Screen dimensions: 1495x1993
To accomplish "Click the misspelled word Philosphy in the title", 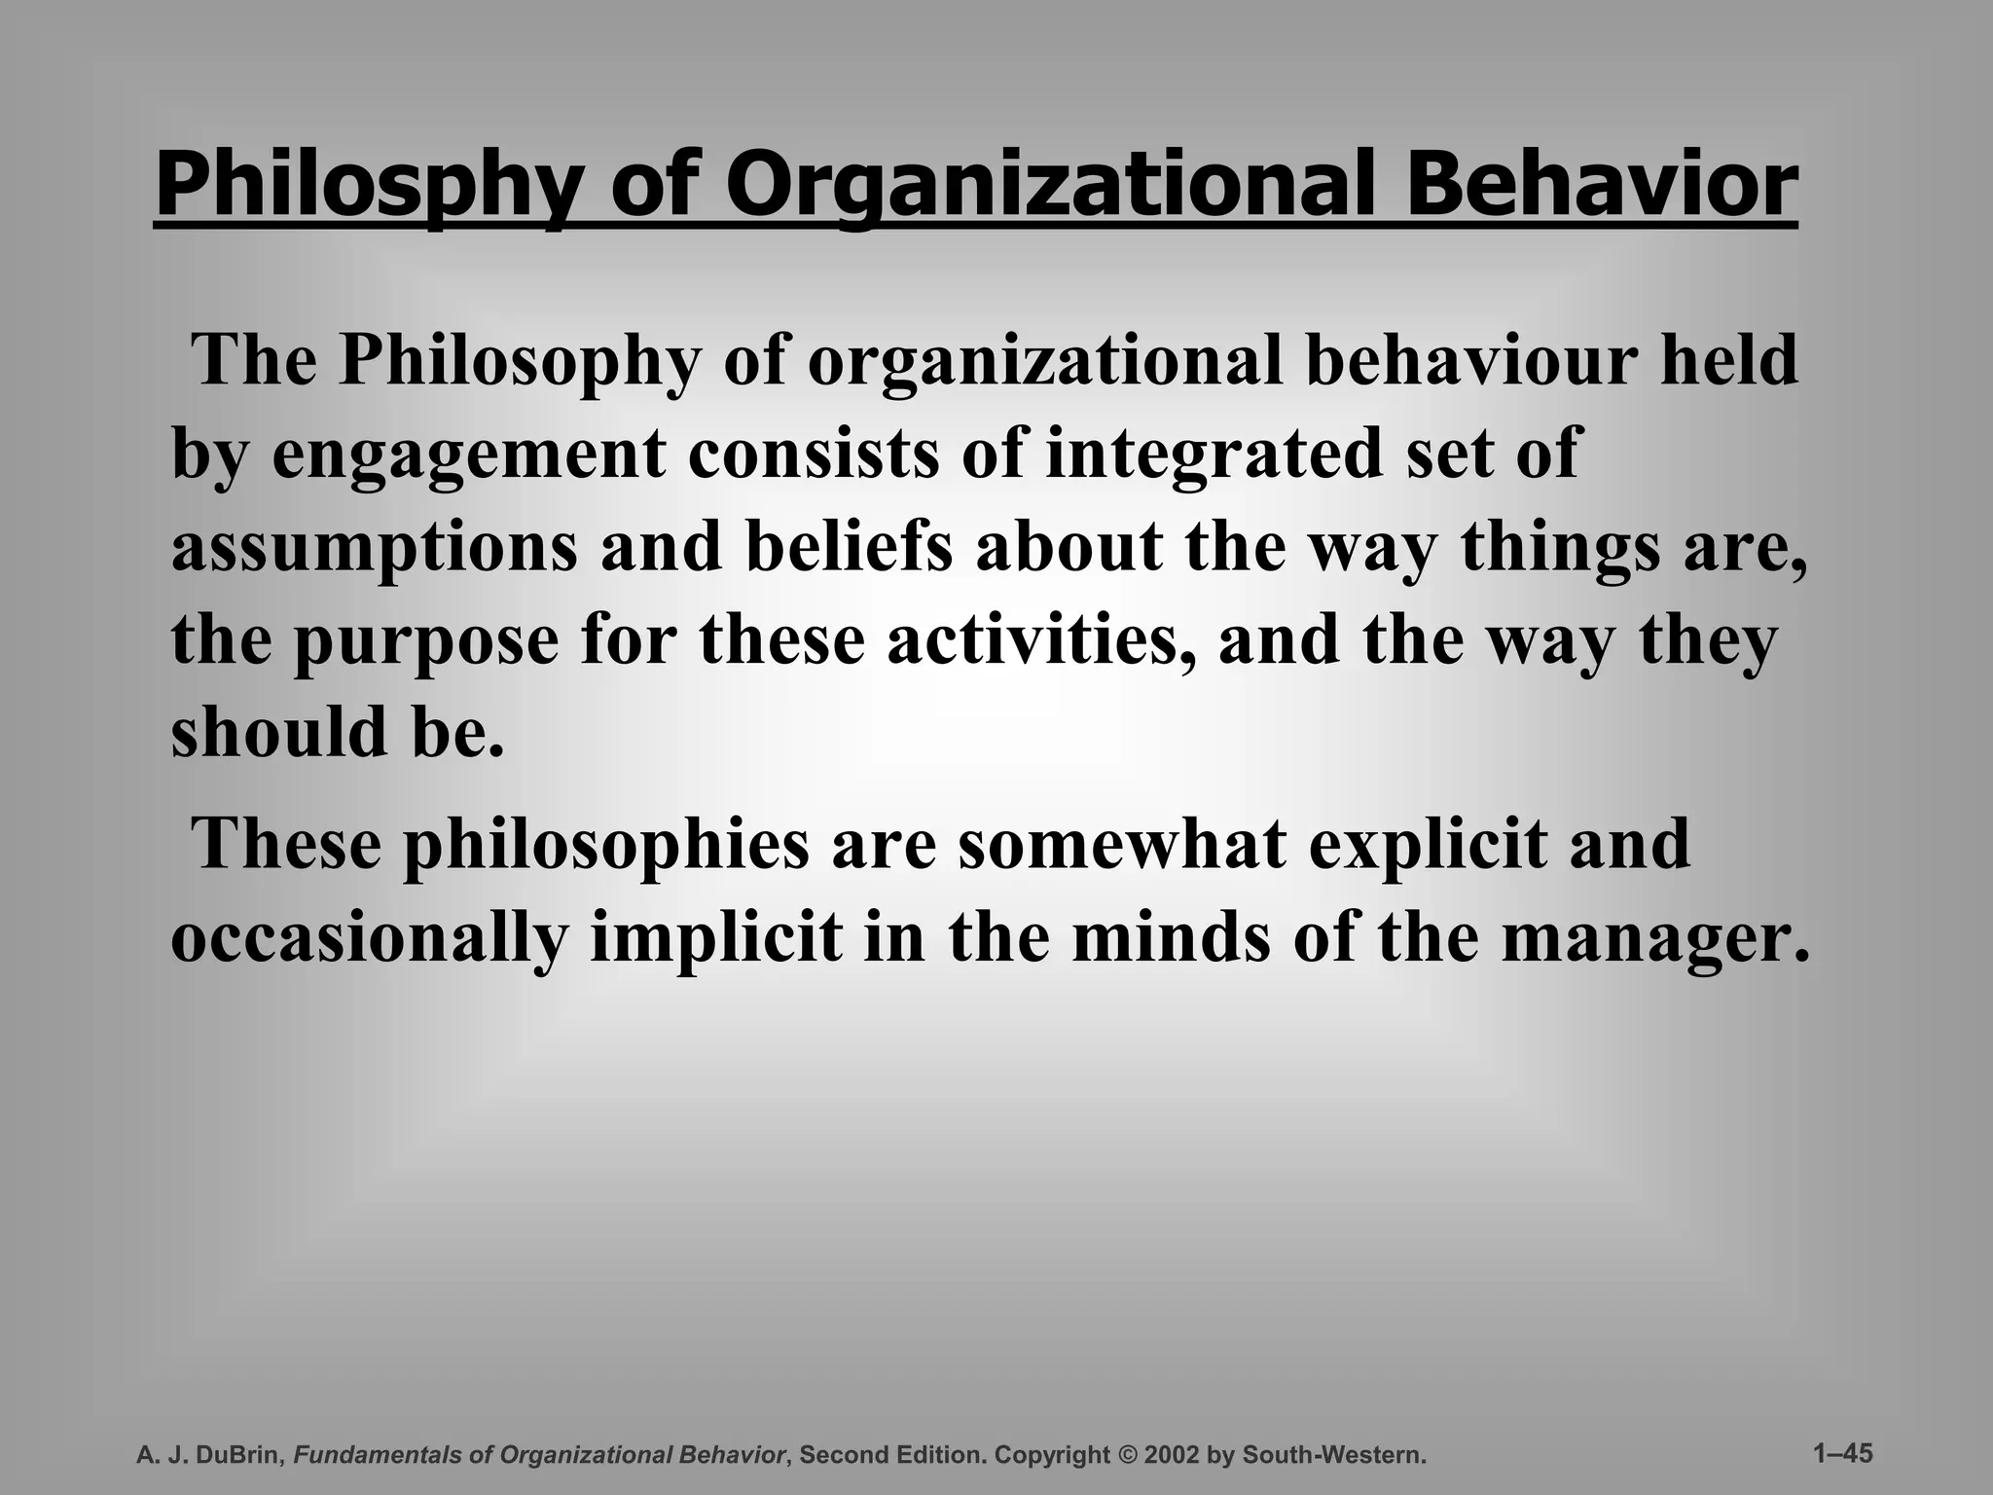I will point(370,185).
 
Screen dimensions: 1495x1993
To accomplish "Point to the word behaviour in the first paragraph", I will point(1469,360).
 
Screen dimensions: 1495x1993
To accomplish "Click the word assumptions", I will point(375,547).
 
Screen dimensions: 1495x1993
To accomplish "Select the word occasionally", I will point(370,938).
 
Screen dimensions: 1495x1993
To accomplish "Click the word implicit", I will point(717,938).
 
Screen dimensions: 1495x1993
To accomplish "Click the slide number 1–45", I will point(1843,1453).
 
